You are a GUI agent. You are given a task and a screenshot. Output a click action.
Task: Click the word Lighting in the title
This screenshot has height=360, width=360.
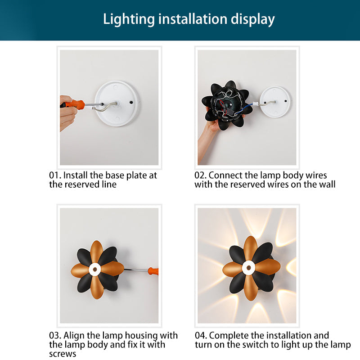(x=129, y=19)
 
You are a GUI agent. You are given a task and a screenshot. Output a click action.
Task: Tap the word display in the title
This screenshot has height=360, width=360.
(x=252, y=19)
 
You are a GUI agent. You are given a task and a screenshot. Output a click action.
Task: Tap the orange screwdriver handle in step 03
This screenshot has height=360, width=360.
(x=153, y=271)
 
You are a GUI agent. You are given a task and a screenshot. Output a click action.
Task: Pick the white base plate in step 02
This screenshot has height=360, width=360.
(x=275, y=102)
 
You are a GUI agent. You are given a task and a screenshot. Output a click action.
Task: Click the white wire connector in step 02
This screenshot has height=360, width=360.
(x=255, y=104)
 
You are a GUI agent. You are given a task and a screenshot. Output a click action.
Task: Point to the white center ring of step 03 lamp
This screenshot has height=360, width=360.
(x=94, y=270)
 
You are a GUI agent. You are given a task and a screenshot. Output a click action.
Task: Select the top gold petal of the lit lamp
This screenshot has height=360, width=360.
(x=250, y=248)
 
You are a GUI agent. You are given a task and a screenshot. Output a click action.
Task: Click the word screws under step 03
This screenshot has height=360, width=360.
(x=63, y=354)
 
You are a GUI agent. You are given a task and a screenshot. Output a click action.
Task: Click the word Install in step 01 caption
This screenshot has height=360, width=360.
(x=75, y=175)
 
